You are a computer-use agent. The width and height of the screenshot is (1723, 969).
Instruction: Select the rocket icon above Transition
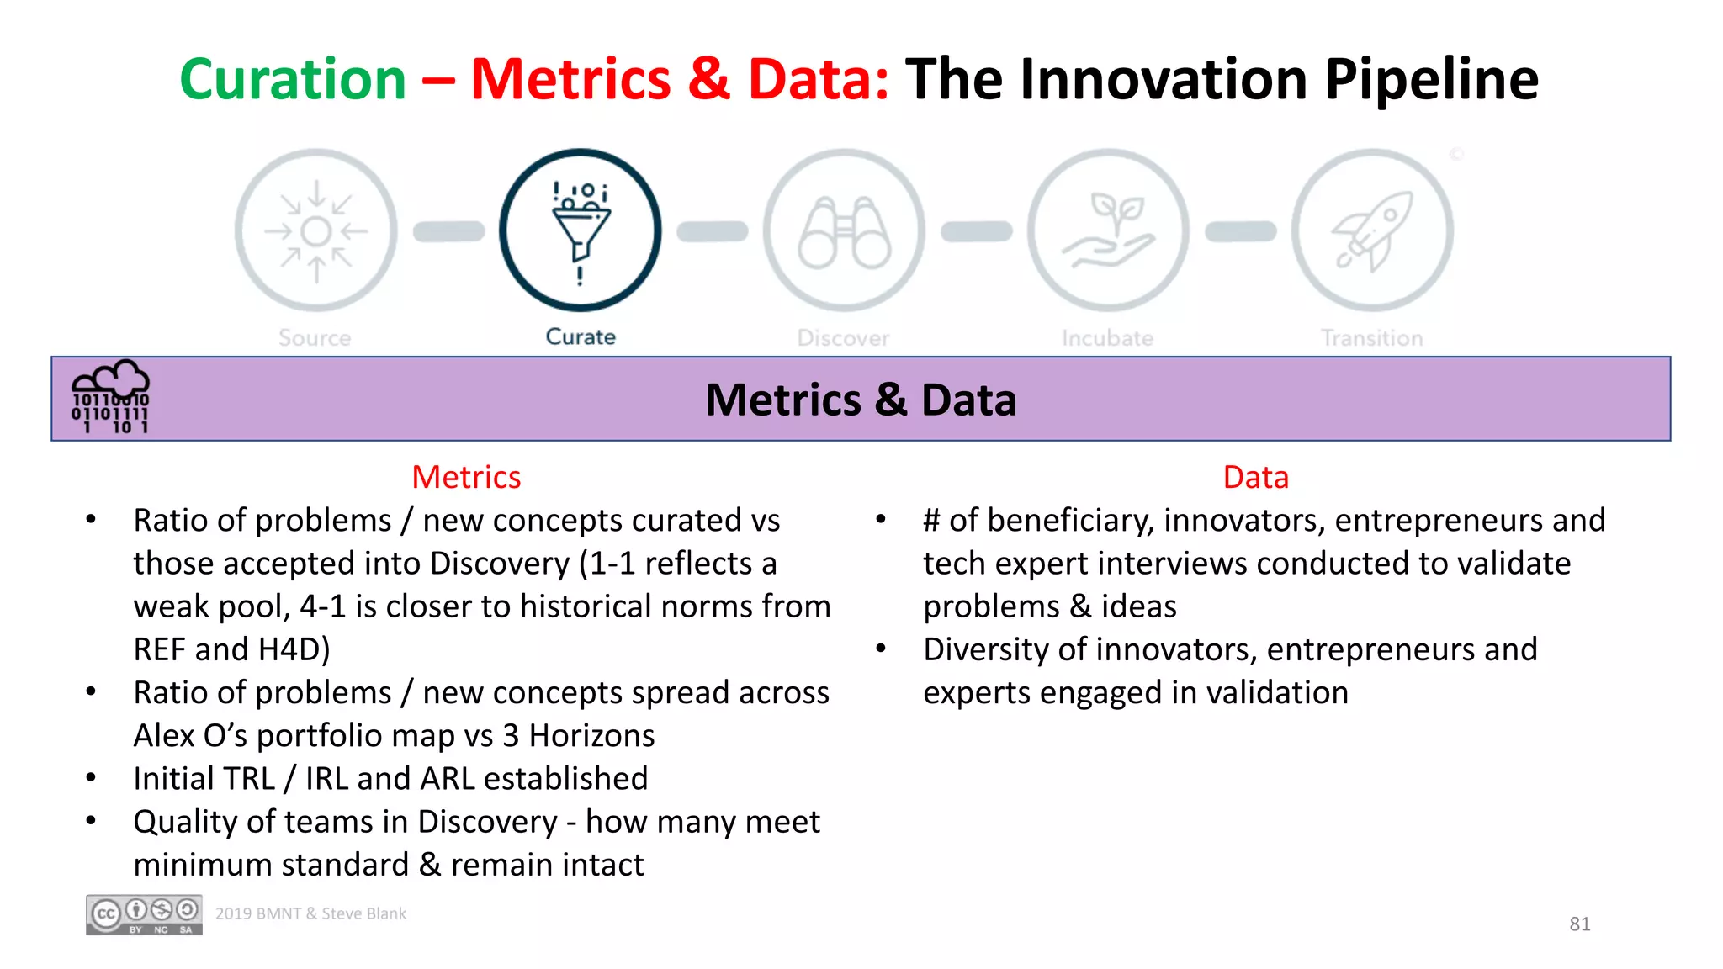(1372, 230)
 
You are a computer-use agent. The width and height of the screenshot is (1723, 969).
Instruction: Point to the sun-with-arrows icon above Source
(316, 230)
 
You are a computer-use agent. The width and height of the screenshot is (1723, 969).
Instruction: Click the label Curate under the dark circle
(581, 336)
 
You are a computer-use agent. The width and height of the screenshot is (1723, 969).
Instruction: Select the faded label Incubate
(1107, 338)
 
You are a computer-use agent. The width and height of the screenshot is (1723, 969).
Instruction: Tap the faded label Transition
(1371, 338)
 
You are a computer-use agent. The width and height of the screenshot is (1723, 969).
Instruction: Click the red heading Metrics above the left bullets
(466, 477)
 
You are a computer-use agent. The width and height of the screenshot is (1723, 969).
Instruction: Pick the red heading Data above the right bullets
(1255, 477)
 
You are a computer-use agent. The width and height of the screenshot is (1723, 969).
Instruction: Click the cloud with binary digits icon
(110, 397)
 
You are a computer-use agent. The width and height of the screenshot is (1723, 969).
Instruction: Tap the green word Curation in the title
(293, 79)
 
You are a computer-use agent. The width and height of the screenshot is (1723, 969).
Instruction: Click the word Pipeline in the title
(1431, 79)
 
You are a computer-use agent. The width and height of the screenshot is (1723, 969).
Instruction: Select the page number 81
(1579, 924)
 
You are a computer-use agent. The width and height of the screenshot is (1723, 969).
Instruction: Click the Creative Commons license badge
(144, 914)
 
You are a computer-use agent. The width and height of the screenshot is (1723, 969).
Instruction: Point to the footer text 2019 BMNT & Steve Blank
(310, 913)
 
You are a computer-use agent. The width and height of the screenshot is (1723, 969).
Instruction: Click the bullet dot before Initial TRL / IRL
(91, 778)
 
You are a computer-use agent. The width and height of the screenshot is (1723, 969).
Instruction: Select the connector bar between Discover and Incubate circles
(976, 231)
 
